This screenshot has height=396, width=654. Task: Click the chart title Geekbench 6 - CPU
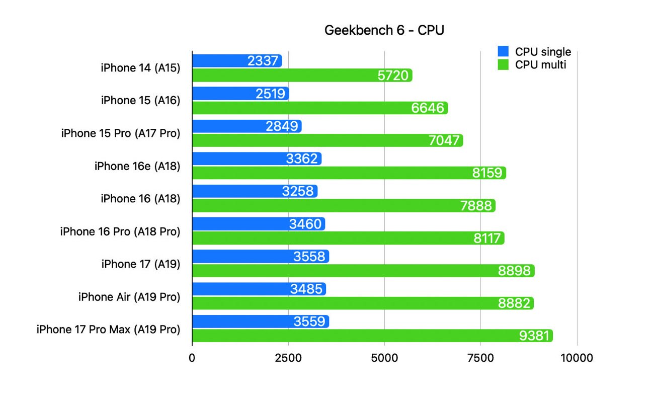point(384,31)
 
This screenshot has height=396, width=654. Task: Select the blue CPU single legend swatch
point(503,51)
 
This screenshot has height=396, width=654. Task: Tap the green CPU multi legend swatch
point(503,64)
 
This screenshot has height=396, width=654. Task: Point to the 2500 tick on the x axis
point(288,358)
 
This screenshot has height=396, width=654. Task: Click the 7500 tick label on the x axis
point(480,358)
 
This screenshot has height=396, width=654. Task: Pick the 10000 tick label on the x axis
point(577,358)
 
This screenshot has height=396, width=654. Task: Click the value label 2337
point(263,61)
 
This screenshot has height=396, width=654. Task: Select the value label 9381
point(534,336)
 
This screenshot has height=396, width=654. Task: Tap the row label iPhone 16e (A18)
point(137,166)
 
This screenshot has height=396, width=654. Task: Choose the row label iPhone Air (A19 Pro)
point(129,297)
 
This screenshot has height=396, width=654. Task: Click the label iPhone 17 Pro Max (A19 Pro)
point(108,330)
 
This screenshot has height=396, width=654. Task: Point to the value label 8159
point(487,173)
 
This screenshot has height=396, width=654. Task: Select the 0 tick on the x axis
point(192,358)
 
